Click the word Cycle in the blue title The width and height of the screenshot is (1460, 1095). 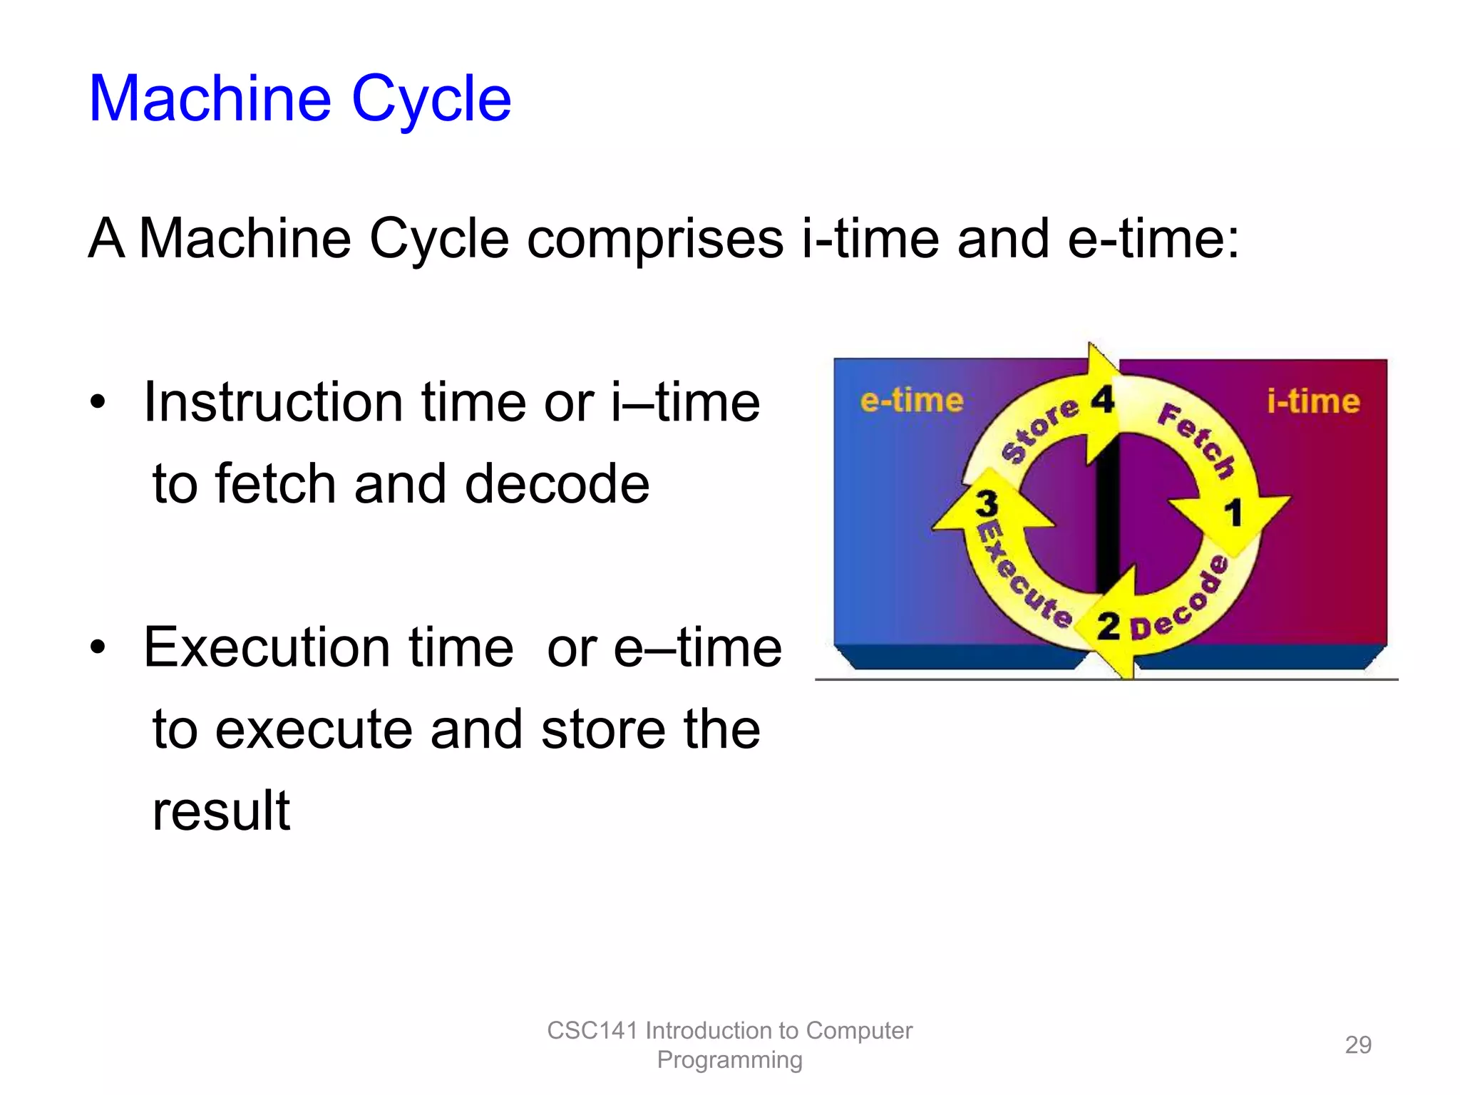[431, 100]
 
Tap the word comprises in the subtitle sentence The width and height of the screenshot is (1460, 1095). [654, 239]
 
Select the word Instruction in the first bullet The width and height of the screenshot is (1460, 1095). [274, 403]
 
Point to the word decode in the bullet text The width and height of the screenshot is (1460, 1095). [557, 485]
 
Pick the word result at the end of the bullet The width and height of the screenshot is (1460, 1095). [221, 811]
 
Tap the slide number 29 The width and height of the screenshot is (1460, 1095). [1357, 1045]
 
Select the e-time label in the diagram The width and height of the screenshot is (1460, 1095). [911, 401]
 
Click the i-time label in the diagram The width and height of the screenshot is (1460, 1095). [1313, 401]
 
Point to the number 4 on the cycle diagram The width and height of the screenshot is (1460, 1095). [1102, 400]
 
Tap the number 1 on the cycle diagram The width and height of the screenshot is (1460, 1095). [1233, 513]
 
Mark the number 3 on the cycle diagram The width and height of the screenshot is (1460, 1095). [987, 503]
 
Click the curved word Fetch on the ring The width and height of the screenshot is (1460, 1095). [1196, 439]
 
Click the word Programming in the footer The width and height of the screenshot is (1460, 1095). [729, 1060]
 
